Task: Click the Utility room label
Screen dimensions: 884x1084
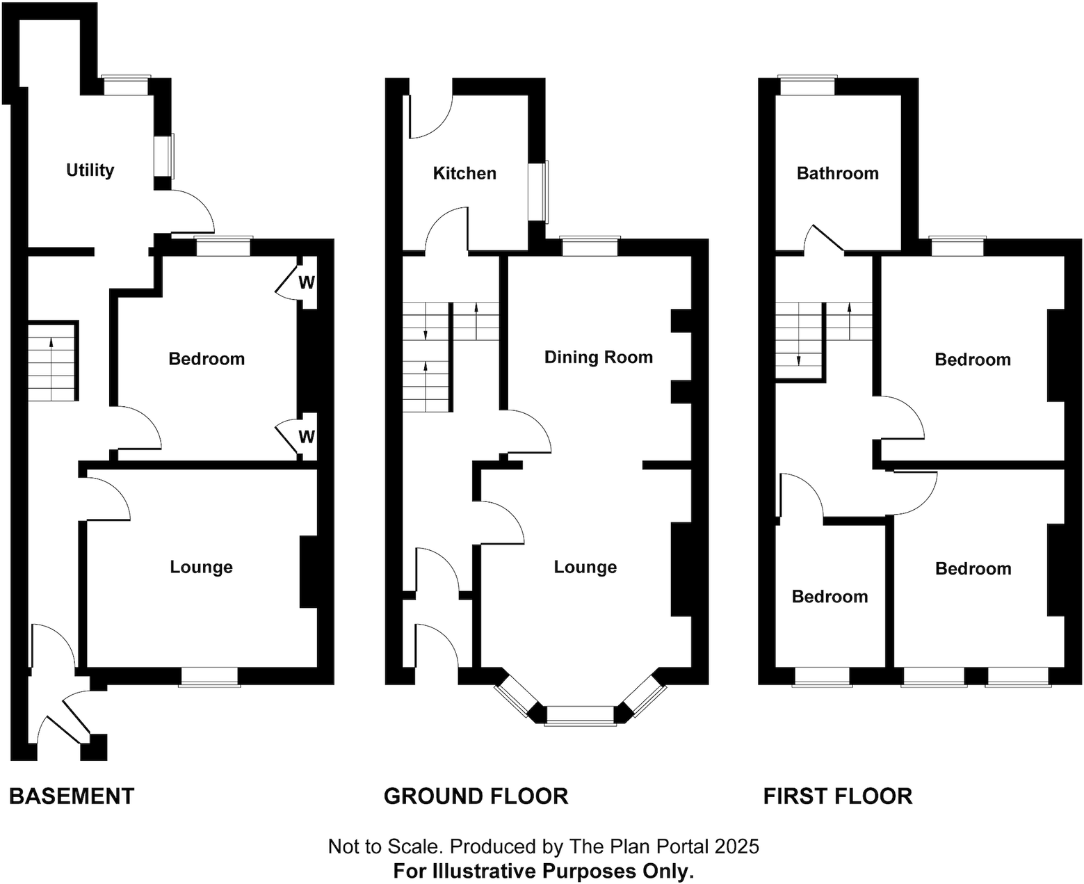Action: pyautogui.click(x=90, y=170)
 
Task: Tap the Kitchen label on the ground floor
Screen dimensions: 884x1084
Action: pyautogui.click(x=464, y=173)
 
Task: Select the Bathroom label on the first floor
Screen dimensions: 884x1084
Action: pyautogui.click(x=837, y=173)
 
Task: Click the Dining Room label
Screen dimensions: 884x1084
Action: pyautogui.click(x=598, y=357)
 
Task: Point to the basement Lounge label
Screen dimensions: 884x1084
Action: pyautogui.click(x=201, y=567)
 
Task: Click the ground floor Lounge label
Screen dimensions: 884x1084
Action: pyautogui.click(x=585, y=567)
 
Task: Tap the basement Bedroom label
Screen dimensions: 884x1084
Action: pyautogui.click(x=207, y=359)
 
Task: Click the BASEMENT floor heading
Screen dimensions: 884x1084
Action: pyautogui.click(x=72, y=796)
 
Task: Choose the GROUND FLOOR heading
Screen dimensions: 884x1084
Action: pyautogui.click(x=476, y=796)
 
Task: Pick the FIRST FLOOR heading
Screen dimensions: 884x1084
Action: pyautogui.click(x=837, y=796)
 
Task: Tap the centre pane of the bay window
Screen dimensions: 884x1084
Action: pyautogui.click(x=581, y=716)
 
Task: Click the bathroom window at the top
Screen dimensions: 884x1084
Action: pyautogui.click(x=807, y=86)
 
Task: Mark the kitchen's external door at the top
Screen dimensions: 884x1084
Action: pyautogui.click(x=431, y=115)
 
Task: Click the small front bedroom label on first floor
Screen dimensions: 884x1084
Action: pyautogui.click(x=830, y=597)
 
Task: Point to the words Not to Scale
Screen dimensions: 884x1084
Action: pyautogui.click(x=385, y=846)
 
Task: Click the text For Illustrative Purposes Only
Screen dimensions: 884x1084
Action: pyautogui.click(x=543, y=871)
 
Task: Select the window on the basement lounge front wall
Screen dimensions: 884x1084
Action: pyautogui.click(x=209, y=677)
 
